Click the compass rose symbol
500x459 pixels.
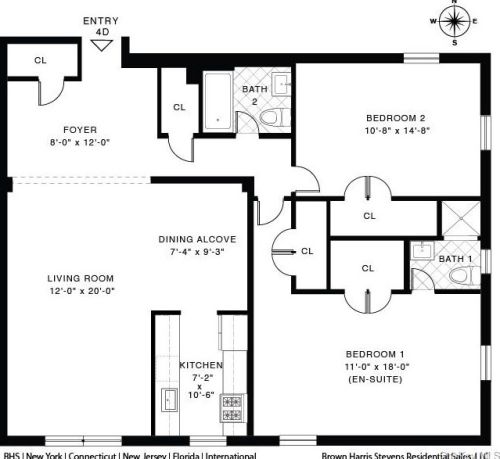456,21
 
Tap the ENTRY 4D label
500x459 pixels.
101,25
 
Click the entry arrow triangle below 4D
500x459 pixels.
102,45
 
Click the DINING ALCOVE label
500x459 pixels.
197,239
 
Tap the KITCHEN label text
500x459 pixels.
200,365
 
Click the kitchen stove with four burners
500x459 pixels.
233,408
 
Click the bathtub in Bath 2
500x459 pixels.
216,103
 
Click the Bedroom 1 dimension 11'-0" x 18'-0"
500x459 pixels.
375,367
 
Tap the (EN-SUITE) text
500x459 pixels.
375,380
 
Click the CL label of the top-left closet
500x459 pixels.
40,61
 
